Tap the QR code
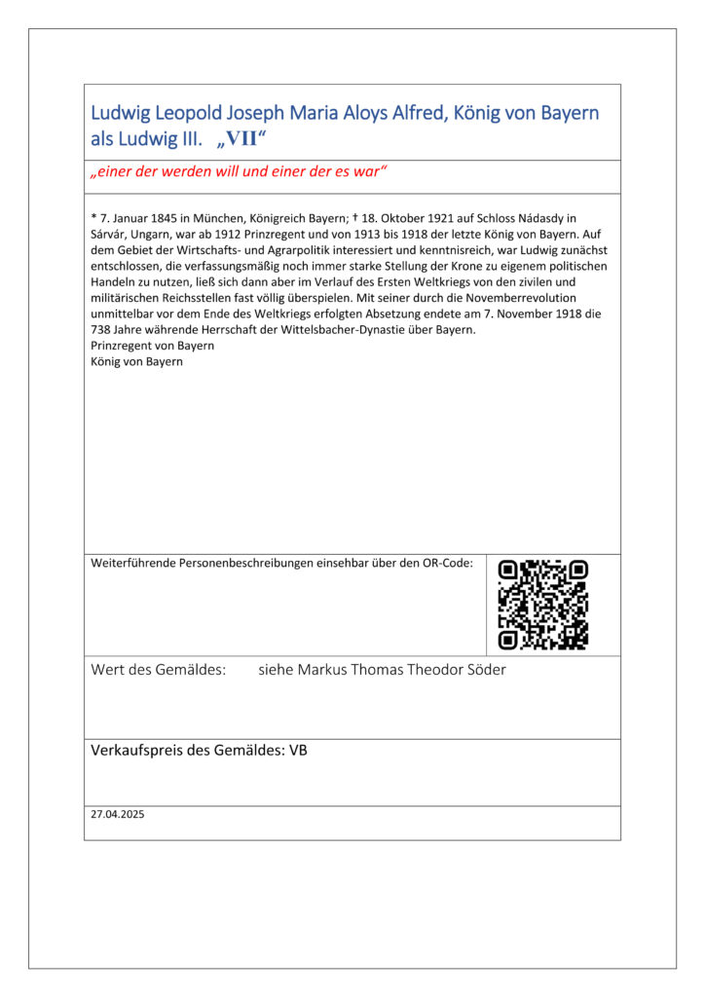pos(542,604)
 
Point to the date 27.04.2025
pos(117,814)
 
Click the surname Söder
pos(484,670)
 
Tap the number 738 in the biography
pos(101,329)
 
